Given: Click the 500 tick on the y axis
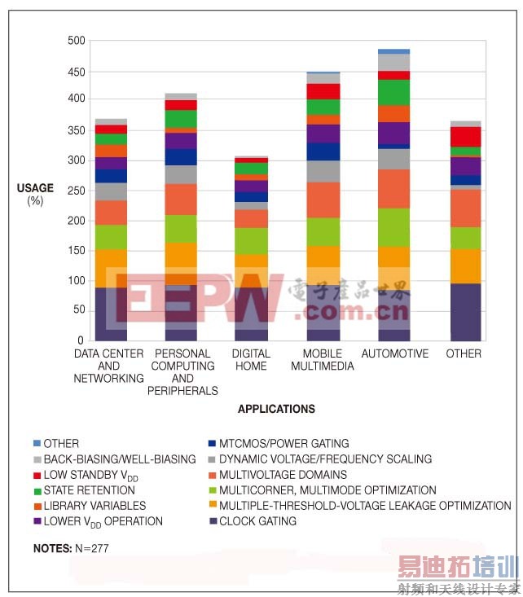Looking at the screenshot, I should pos(76,41).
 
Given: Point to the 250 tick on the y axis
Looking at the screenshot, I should pos(76,191).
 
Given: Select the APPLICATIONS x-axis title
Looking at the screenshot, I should pos(276,409).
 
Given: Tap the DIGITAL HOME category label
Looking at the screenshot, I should pos(250,360).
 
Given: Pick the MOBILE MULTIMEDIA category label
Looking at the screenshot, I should pos(323,360).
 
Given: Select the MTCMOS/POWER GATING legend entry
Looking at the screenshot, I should pos(284,444).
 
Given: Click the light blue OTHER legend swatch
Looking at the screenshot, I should pos(37,444).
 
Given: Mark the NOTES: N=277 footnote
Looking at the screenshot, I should pos(71,549).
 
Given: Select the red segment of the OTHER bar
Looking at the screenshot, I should pos(465,136).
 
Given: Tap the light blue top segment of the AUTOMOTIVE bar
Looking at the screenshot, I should pos(394,51).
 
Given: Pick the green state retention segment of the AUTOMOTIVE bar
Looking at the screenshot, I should pos(394,92).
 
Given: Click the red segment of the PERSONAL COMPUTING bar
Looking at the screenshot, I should pos(181,105).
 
